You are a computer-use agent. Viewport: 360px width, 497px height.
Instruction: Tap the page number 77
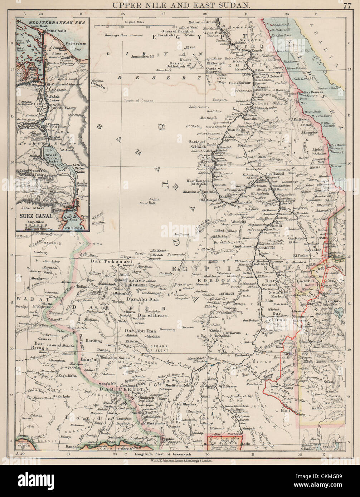347,5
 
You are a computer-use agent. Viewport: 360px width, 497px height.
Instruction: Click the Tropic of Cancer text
139,101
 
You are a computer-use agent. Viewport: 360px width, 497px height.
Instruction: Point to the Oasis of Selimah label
197,144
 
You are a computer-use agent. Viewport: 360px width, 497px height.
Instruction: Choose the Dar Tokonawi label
107,261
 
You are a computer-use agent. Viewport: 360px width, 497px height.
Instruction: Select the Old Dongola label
212,200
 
